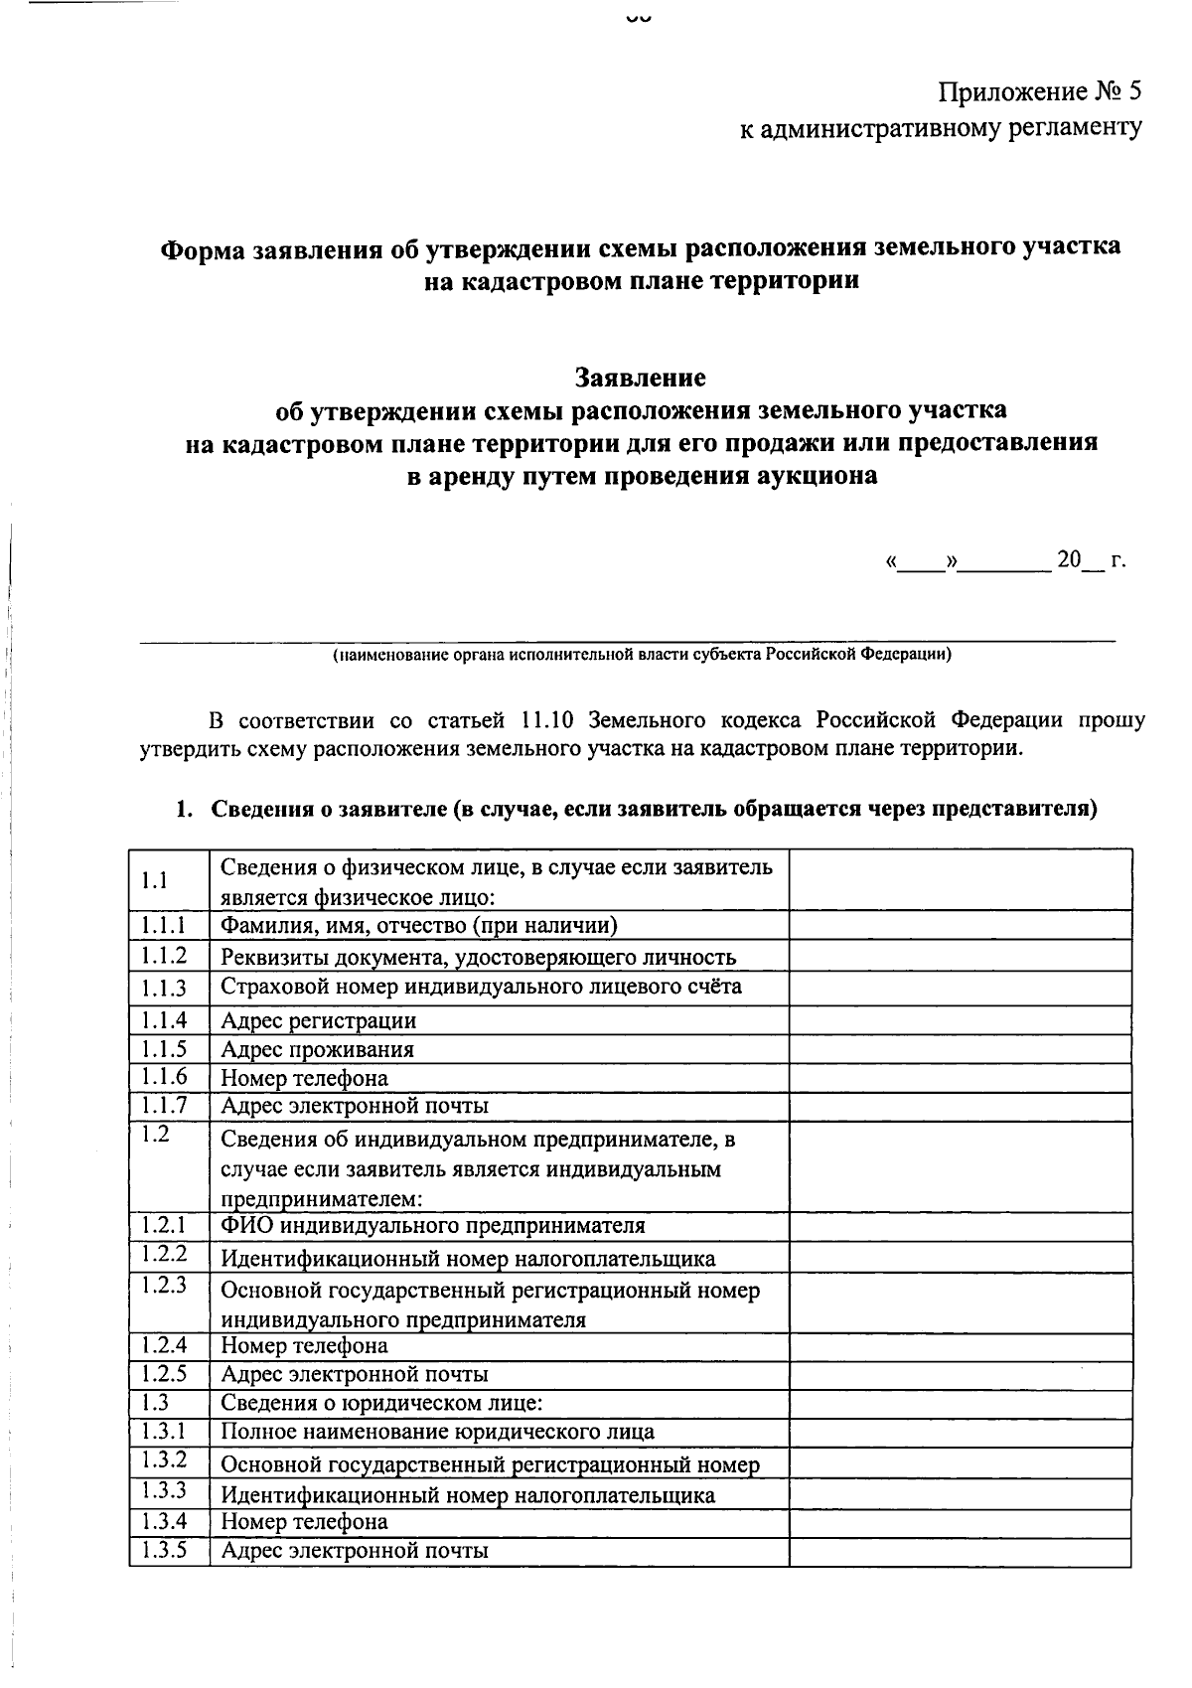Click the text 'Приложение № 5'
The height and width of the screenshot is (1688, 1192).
[1040, 92]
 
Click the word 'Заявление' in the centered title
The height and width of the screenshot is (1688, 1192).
[640, 378]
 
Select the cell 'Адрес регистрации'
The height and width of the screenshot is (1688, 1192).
[318, 1020]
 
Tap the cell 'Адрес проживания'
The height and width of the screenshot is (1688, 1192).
[317, 1049]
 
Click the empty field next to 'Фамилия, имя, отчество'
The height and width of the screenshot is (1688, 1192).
[960, 926]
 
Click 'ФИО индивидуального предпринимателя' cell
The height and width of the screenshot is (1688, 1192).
[432, 1225]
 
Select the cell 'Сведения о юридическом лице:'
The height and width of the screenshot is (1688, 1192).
[381, 1403]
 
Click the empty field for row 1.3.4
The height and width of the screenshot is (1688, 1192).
[960, 1522]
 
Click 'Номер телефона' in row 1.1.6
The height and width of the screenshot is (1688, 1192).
[304, 1078]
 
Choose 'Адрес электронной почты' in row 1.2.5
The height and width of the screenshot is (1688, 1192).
[354, 1374]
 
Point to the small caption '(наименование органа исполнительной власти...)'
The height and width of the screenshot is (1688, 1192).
[642, 655]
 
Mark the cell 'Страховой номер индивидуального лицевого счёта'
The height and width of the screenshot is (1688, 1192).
[481, 987]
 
